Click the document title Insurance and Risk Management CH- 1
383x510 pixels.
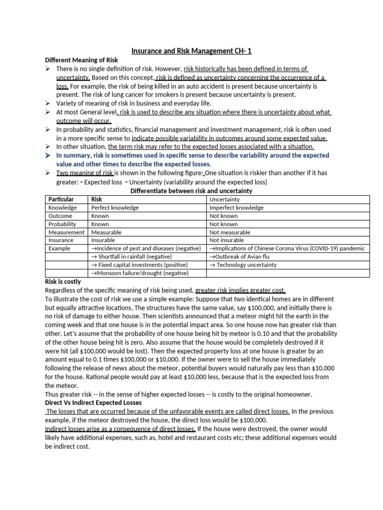click(x=191, y=50)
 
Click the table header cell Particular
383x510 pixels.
click(x=61, y=199)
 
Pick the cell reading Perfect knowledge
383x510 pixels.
click(x=115, y=208)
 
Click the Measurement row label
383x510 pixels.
click(x=66, y=232)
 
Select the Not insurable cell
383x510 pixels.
click(x=227, y=240)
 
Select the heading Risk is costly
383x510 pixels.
click(x=63, y=282)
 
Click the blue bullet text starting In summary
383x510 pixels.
click(x=192, y=159)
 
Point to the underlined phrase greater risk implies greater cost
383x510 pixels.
click(x=240, y=290)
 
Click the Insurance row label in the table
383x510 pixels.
click(x=60, y=240)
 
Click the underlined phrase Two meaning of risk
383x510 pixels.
click(x=85, y=173)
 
